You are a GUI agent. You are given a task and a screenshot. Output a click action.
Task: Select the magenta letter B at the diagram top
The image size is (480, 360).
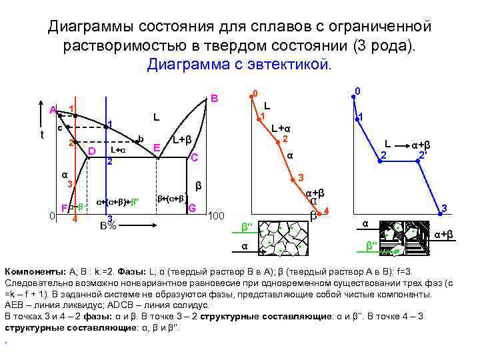point(214,99)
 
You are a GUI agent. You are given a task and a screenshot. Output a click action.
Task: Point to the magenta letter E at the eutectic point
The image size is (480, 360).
point(156,147)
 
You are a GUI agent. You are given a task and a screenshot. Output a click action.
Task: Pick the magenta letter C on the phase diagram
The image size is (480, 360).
point(194,158)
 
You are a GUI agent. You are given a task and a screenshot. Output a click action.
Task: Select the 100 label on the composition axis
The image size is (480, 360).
point(217,217)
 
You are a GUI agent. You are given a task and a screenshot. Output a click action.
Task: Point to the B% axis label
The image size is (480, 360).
point(108,225)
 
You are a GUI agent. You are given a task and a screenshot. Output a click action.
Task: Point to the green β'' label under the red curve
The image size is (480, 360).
point(247,227)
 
